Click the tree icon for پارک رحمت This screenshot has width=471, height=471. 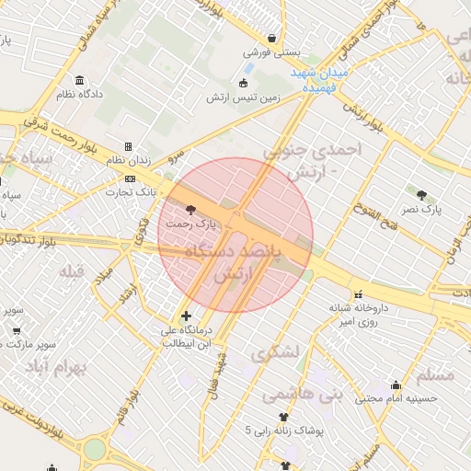190,210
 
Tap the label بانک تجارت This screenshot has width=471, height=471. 131,192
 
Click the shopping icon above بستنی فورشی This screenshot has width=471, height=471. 271,39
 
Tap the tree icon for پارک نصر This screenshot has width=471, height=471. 421,195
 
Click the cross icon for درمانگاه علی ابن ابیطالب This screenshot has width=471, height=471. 186,316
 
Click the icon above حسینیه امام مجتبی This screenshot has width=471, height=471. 396,385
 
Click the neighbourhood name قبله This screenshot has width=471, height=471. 72,271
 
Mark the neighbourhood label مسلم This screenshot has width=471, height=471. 436,375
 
